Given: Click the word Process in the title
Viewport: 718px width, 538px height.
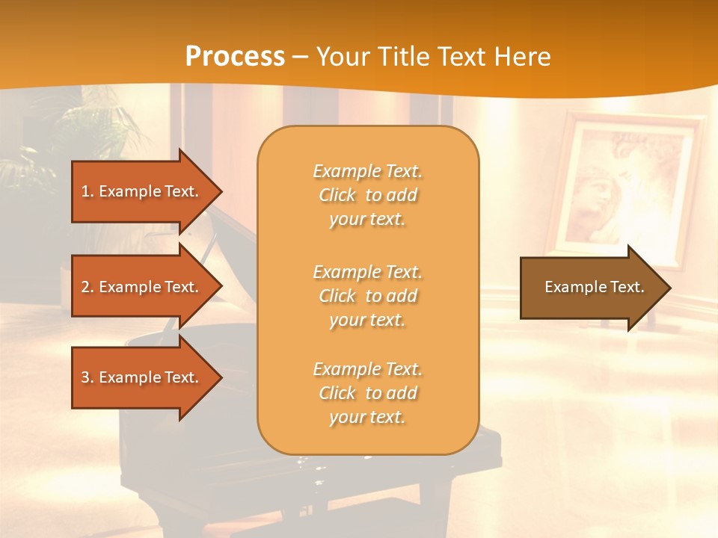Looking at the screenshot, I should [235, 56].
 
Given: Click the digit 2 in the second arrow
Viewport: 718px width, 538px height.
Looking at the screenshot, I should [85, 287].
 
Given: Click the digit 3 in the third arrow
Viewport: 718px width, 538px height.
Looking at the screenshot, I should [85, 377].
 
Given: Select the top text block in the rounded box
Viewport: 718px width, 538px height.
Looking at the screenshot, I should [367, 195].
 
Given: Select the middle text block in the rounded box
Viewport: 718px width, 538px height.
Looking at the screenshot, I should [367, 296].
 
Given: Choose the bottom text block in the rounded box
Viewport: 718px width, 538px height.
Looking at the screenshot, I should [367, 393].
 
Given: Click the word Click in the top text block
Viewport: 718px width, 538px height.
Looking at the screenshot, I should [337, 195].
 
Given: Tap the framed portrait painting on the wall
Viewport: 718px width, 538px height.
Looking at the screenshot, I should [625, 187].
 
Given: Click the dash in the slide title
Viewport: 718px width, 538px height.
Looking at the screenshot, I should [300, 57].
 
